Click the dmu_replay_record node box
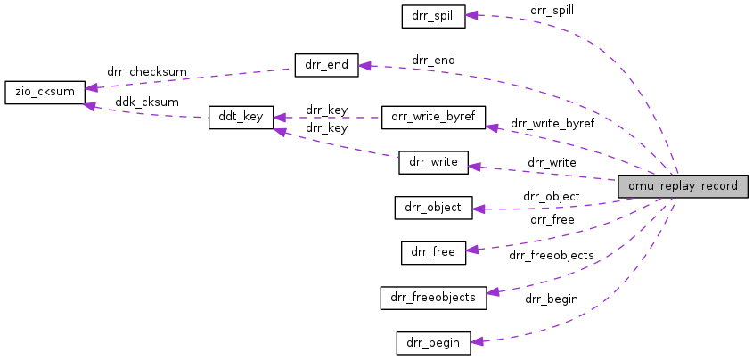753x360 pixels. pyautogui.click(x=683, y=186)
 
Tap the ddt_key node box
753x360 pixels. pyautogui.click(x=241, y=118)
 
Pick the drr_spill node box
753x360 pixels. pyautogui.click(x=433, y=15)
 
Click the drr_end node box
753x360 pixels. pyautogui.click(x=325, y=65)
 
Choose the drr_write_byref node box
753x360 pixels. pyautogui.click(x=433, y=117)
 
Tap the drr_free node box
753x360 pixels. pyautogui.click(x=433, y=252)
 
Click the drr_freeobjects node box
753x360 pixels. pyautogui.click(x=433, y=297)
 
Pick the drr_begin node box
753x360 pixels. pyautogui.click(x=433, y=342)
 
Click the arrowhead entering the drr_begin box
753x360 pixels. pyautogui.click(x=477, y=341)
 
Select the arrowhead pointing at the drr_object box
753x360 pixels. pyautogui.click(x=478, y=209)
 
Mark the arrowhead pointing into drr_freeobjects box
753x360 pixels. pyautogui.click(x=493, y=291)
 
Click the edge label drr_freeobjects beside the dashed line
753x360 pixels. pyautogui.click(x=551, y=255)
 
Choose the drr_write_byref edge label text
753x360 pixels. pyautogui.click(x=552, y=123)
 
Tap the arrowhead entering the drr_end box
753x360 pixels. pyautogui.click(x=364, y=66)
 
